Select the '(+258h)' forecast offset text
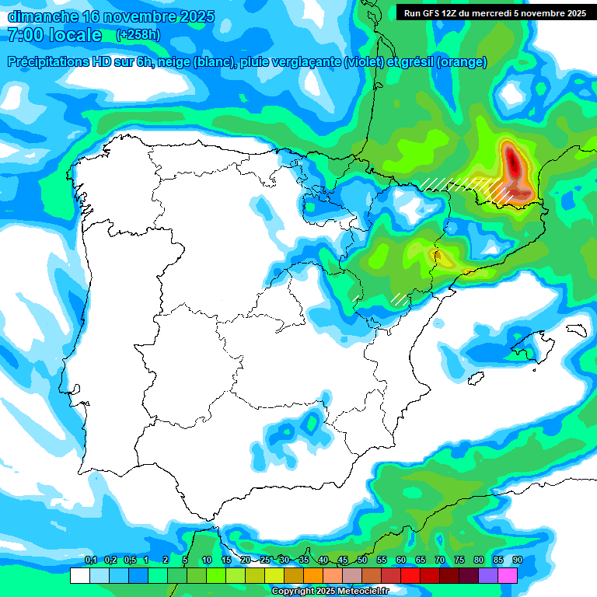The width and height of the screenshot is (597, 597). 138,35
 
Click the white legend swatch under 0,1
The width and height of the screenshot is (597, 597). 79,575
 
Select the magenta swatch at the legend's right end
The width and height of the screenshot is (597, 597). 508,575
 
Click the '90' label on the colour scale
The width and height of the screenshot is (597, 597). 517,560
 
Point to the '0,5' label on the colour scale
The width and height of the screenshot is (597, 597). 129,560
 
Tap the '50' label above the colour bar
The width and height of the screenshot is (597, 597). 362,560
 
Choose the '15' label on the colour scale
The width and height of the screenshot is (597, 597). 226,560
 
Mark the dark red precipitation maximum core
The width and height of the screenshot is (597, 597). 513,163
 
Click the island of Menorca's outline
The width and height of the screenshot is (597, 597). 575,330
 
